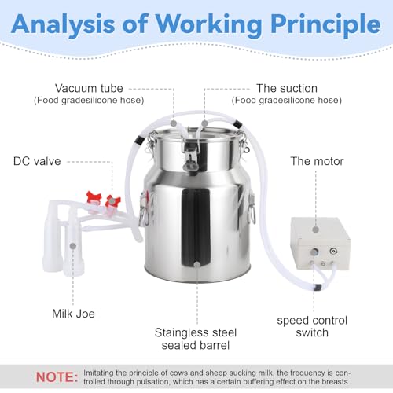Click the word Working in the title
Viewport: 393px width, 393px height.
[x=209, y=24]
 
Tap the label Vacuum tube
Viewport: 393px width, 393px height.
[x=89, y=88]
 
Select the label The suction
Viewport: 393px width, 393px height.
[x=287, y=88]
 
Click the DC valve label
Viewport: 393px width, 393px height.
[x=37, y=161]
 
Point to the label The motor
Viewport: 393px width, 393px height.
[x=317, y=161]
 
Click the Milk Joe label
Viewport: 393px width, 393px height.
[x=73, y=314]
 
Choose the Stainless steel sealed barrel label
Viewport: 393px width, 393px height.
[x=196, y=339]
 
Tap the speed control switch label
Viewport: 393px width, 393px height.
[x=312, y=326]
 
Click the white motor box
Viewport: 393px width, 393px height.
[x=320, y=243]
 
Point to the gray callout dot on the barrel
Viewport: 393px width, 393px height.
[x=197, y=265]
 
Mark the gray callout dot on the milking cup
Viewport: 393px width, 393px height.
[x=73, y=246]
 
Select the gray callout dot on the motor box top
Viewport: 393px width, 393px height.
[x=316, y=230]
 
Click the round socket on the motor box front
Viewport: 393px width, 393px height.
[x=333, y=252]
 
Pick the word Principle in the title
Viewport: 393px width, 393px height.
[x=325, y=24]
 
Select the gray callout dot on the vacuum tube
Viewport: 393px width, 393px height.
[x=173, y=123]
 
